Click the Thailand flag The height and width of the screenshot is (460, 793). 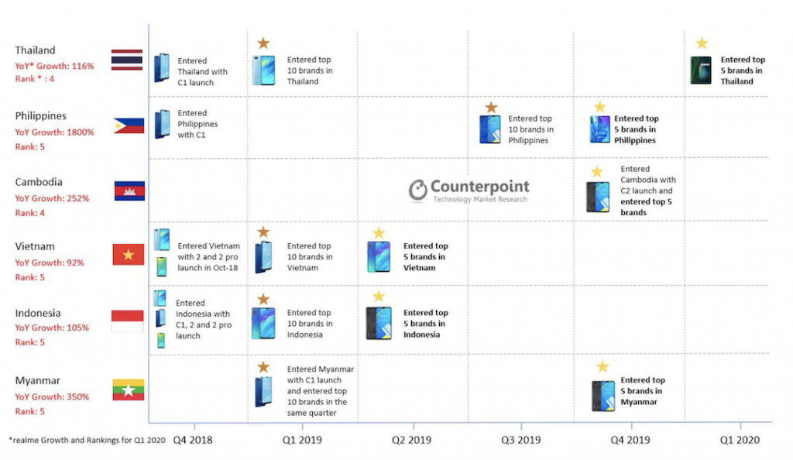(x=127, y=60)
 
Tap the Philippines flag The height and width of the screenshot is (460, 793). (x=129, y=125)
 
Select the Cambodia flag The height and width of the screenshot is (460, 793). (x=129, y=191)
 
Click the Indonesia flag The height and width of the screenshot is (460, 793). (x=129, y=321)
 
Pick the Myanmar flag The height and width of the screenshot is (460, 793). (x=129, y=390)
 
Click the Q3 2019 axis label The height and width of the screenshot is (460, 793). (x=521, y=440)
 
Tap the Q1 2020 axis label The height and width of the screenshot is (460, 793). (x=740, y=440)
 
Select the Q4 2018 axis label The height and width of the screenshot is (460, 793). (x=193, y=440)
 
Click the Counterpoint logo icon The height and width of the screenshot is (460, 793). (x=418, y=191)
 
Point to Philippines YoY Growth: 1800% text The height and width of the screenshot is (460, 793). (x=54, y=132)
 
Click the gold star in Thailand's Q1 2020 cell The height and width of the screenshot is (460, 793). (x=702, y=43)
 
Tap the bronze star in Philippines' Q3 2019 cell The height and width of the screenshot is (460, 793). (x=490, y=108)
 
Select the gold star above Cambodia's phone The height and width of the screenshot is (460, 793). (x=597, y=172)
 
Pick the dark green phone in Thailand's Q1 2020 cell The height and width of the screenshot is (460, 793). (x=701, y=70)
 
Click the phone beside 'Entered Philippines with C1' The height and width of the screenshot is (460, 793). (x=162, y=124)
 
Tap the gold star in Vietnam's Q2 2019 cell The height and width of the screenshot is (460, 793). (x=378, y=232)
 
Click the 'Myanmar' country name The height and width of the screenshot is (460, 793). (x=38, y=380)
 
